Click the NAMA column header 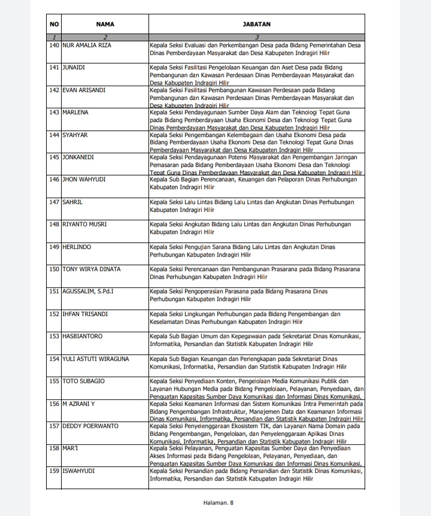(x=105, y=25)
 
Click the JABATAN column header (x=257, y=25)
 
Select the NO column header (x=54, y=25)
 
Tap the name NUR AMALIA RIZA (x=86, y=45)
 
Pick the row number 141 (x=54, y=68)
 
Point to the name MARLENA (x=75, y=113)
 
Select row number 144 (x=54, y=135)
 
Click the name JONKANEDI (x=79, y=157)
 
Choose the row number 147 (x=54, y=202)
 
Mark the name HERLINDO (x=77, y=247)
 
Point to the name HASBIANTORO (x=83, y=336)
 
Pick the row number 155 (x=54, y=381)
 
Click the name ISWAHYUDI (x=80, y=471)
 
